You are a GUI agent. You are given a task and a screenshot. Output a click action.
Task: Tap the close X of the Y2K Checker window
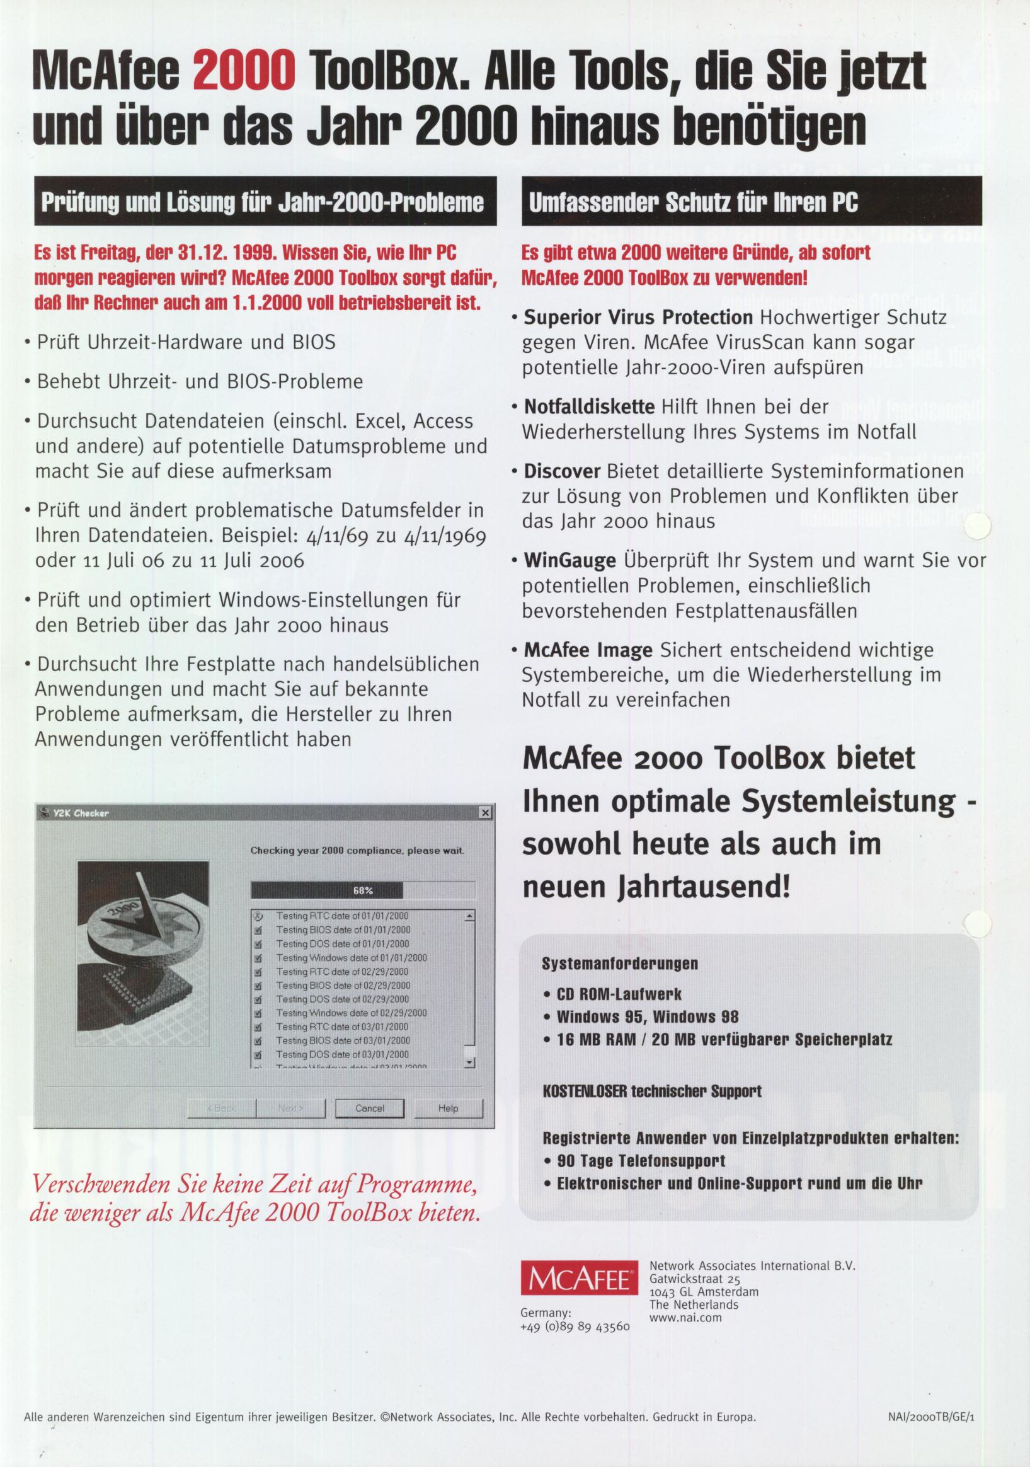[486, 813]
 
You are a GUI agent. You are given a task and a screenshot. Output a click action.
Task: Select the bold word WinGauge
[569, 561]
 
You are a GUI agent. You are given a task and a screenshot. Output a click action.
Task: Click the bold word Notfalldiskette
[589, 406]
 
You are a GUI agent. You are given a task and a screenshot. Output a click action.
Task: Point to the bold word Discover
[562, 471]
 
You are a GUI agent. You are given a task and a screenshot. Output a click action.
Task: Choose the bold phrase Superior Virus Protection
[638, 318]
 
